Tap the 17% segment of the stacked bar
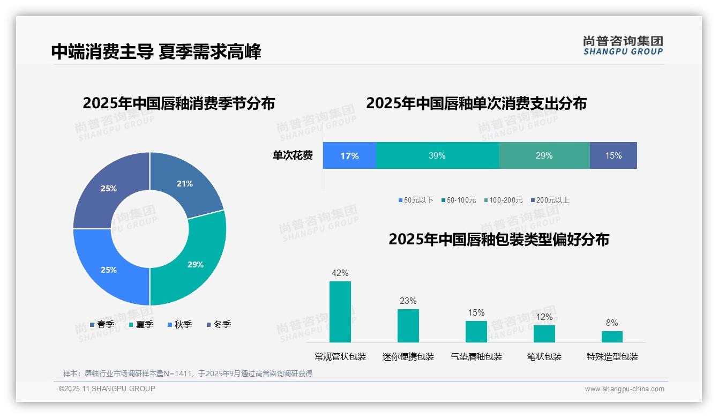point(349,155)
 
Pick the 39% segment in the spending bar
point(437,155)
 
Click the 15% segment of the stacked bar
point(614,155)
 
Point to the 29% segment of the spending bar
point(544,155)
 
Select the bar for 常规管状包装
point(340,312)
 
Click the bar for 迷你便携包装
point(408,326)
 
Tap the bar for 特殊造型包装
point(612,337)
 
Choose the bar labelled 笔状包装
point(544,334)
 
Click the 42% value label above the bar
point(340,273)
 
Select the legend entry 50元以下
point(416,200)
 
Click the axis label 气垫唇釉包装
point(476,356)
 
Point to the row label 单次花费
point(293,155)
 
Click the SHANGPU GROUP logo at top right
point(623,45)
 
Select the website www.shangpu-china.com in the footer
point(624,389)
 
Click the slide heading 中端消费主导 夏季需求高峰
point(156,52)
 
